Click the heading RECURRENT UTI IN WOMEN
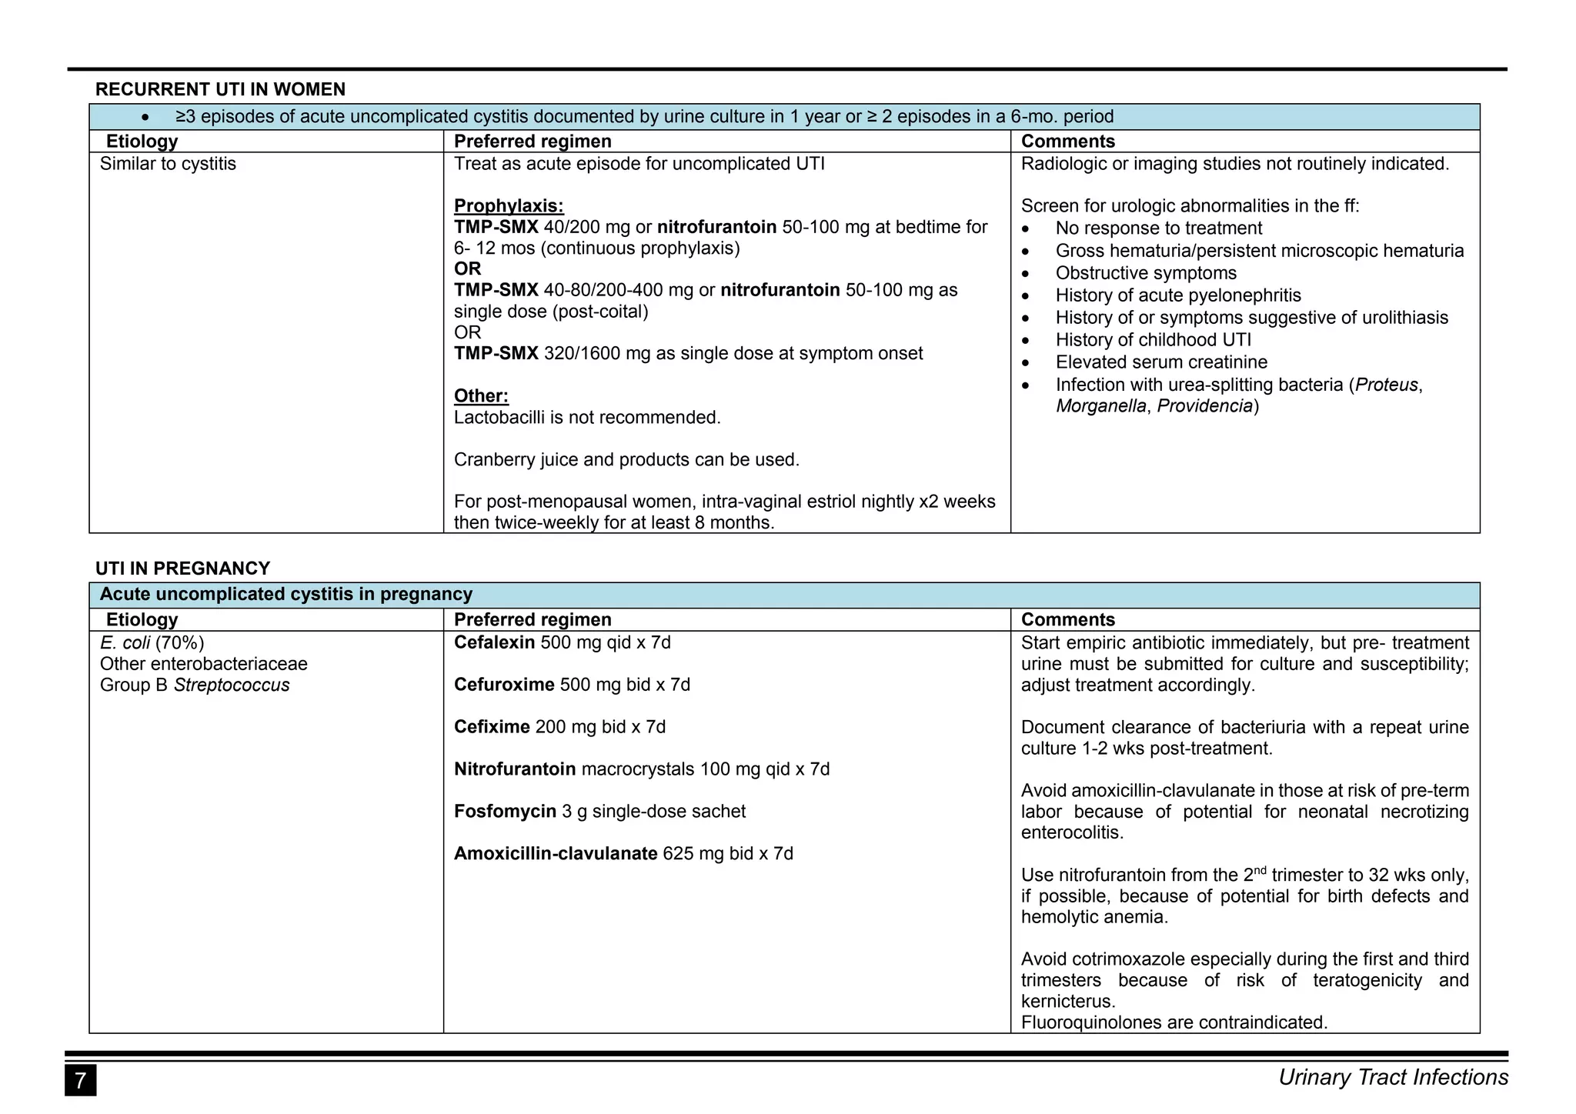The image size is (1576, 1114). point(220,89)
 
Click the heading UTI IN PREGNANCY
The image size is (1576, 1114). point(182,569)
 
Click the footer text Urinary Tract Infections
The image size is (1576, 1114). point(1393,1078)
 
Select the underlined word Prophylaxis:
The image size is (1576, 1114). point(509,206)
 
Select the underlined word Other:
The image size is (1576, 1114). point(481,396)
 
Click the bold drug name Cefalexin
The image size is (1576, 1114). point(494,642)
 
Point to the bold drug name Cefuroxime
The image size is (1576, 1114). point(504,685)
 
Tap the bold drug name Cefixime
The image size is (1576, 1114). point(492,727)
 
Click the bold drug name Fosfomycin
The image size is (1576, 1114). point(505,812)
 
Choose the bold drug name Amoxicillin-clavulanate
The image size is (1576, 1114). point(556,854)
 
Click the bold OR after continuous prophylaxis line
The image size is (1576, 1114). point(468,269)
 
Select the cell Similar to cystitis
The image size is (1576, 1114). point(168,164)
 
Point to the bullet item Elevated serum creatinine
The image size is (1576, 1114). point(1161,362)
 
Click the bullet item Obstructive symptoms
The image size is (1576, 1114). point(1146,273)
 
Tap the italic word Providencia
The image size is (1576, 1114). point(1205,406)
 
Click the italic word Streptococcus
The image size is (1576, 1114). point(232,685)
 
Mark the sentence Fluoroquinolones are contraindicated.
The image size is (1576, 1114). point(1174,1022)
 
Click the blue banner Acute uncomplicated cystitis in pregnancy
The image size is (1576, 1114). point(286,595)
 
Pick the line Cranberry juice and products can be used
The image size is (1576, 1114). point(626,460)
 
